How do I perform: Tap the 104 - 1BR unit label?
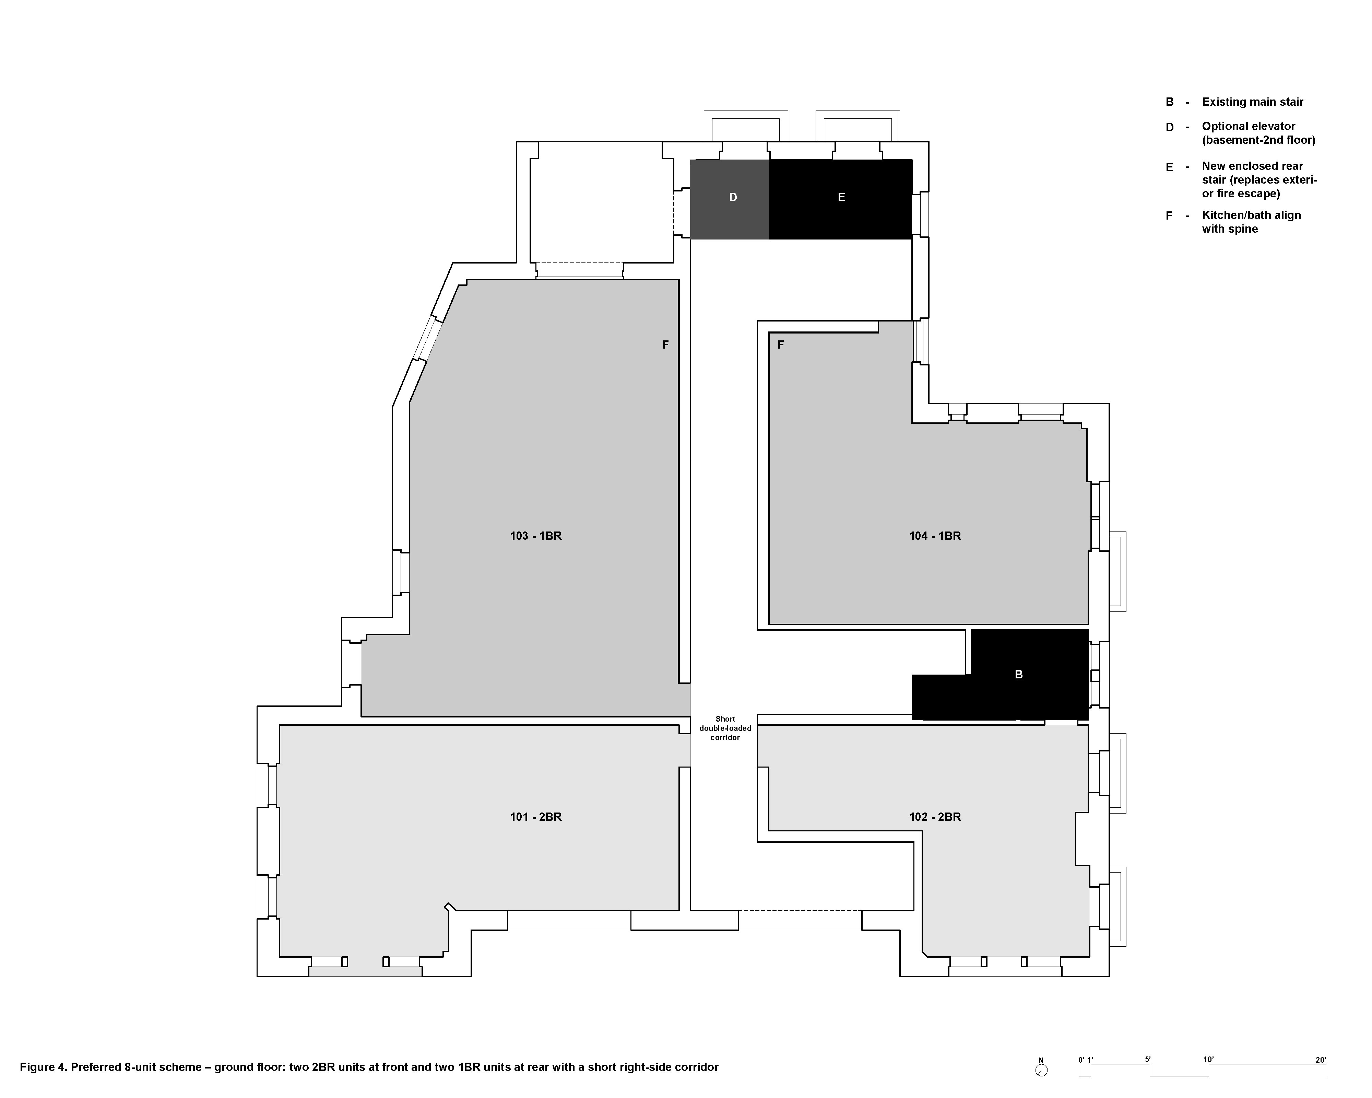coord(935,536)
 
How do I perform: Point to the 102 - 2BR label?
coord(935,817)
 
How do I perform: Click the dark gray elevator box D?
coord(730,199)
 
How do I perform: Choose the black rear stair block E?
coord(841,199)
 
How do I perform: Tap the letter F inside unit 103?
coord(666,345)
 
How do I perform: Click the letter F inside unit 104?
coord(781,345)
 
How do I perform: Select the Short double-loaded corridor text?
coord(725,728)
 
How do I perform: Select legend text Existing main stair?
coord(1252,102)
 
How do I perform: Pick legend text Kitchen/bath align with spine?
coord(1251,222)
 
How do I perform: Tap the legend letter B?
coord(1169,102)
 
